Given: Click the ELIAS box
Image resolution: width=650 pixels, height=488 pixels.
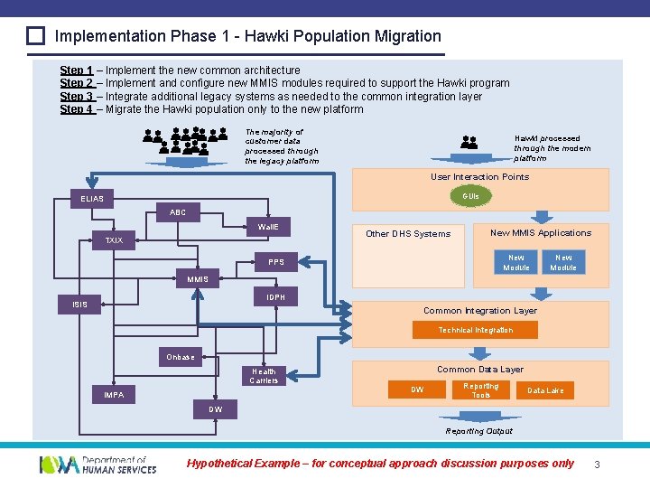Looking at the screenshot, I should (x=92, y=199).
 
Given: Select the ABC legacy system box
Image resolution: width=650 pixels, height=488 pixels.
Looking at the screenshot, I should (x=178, y=212).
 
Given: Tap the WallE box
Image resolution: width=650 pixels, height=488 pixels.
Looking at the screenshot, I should (x=268, y=226).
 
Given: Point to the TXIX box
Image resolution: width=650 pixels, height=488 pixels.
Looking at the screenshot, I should (x=114, y=240).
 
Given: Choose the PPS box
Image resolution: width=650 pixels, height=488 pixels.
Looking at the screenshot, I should (x=276, y=262).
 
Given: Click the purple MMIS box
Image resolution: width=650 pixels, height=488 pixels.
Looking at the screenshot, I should (x=198, y=279).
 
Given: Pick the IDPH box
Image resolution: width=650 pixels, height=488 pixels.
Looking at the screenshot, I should (x=276, y=296).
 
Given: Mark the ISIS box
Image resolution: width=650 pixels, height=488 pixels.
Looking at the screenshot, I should (x=80, y=305).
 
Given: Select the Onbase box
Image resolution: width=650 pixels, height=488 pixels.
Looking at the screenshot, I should (x=181, y=357).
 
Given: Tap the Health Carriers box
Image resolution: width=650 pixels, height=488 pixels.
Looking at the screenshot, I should (x=265, y=376).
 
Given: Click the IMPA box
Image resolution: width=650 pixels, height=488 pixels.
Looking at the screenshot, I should (x=114, y=395).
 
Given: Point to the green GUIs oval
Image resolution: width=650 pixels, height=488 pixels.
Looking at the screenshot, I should (x=470, y=195).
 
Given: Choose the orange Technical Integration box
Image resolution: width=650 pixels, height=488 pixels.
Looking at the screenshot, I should (x=475, y=330).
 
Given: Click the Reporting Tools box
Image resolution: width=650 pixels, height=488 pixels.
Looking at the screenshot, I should (x=481, y=390).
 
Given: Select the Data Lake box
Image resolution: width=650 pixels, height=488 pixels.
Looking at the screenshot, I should (x=545, y=390).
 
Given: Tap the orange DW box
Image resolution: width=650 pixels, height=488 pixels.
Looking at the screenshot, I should (x=417, y=390).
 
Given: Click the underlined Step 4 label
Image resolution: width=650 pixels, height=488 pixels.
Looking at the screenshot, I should (x=77, y=109).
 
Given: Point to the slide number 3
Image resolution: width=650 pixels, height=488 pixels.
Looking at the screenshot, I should (x=597, y=465).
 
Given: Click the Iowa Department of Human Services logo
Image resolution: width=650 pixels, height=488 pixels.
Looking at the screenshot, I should (x=97, y=465).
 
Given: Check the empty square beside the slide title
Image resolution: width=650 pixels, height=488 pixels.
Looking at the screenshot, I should (x=35, y=37).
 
